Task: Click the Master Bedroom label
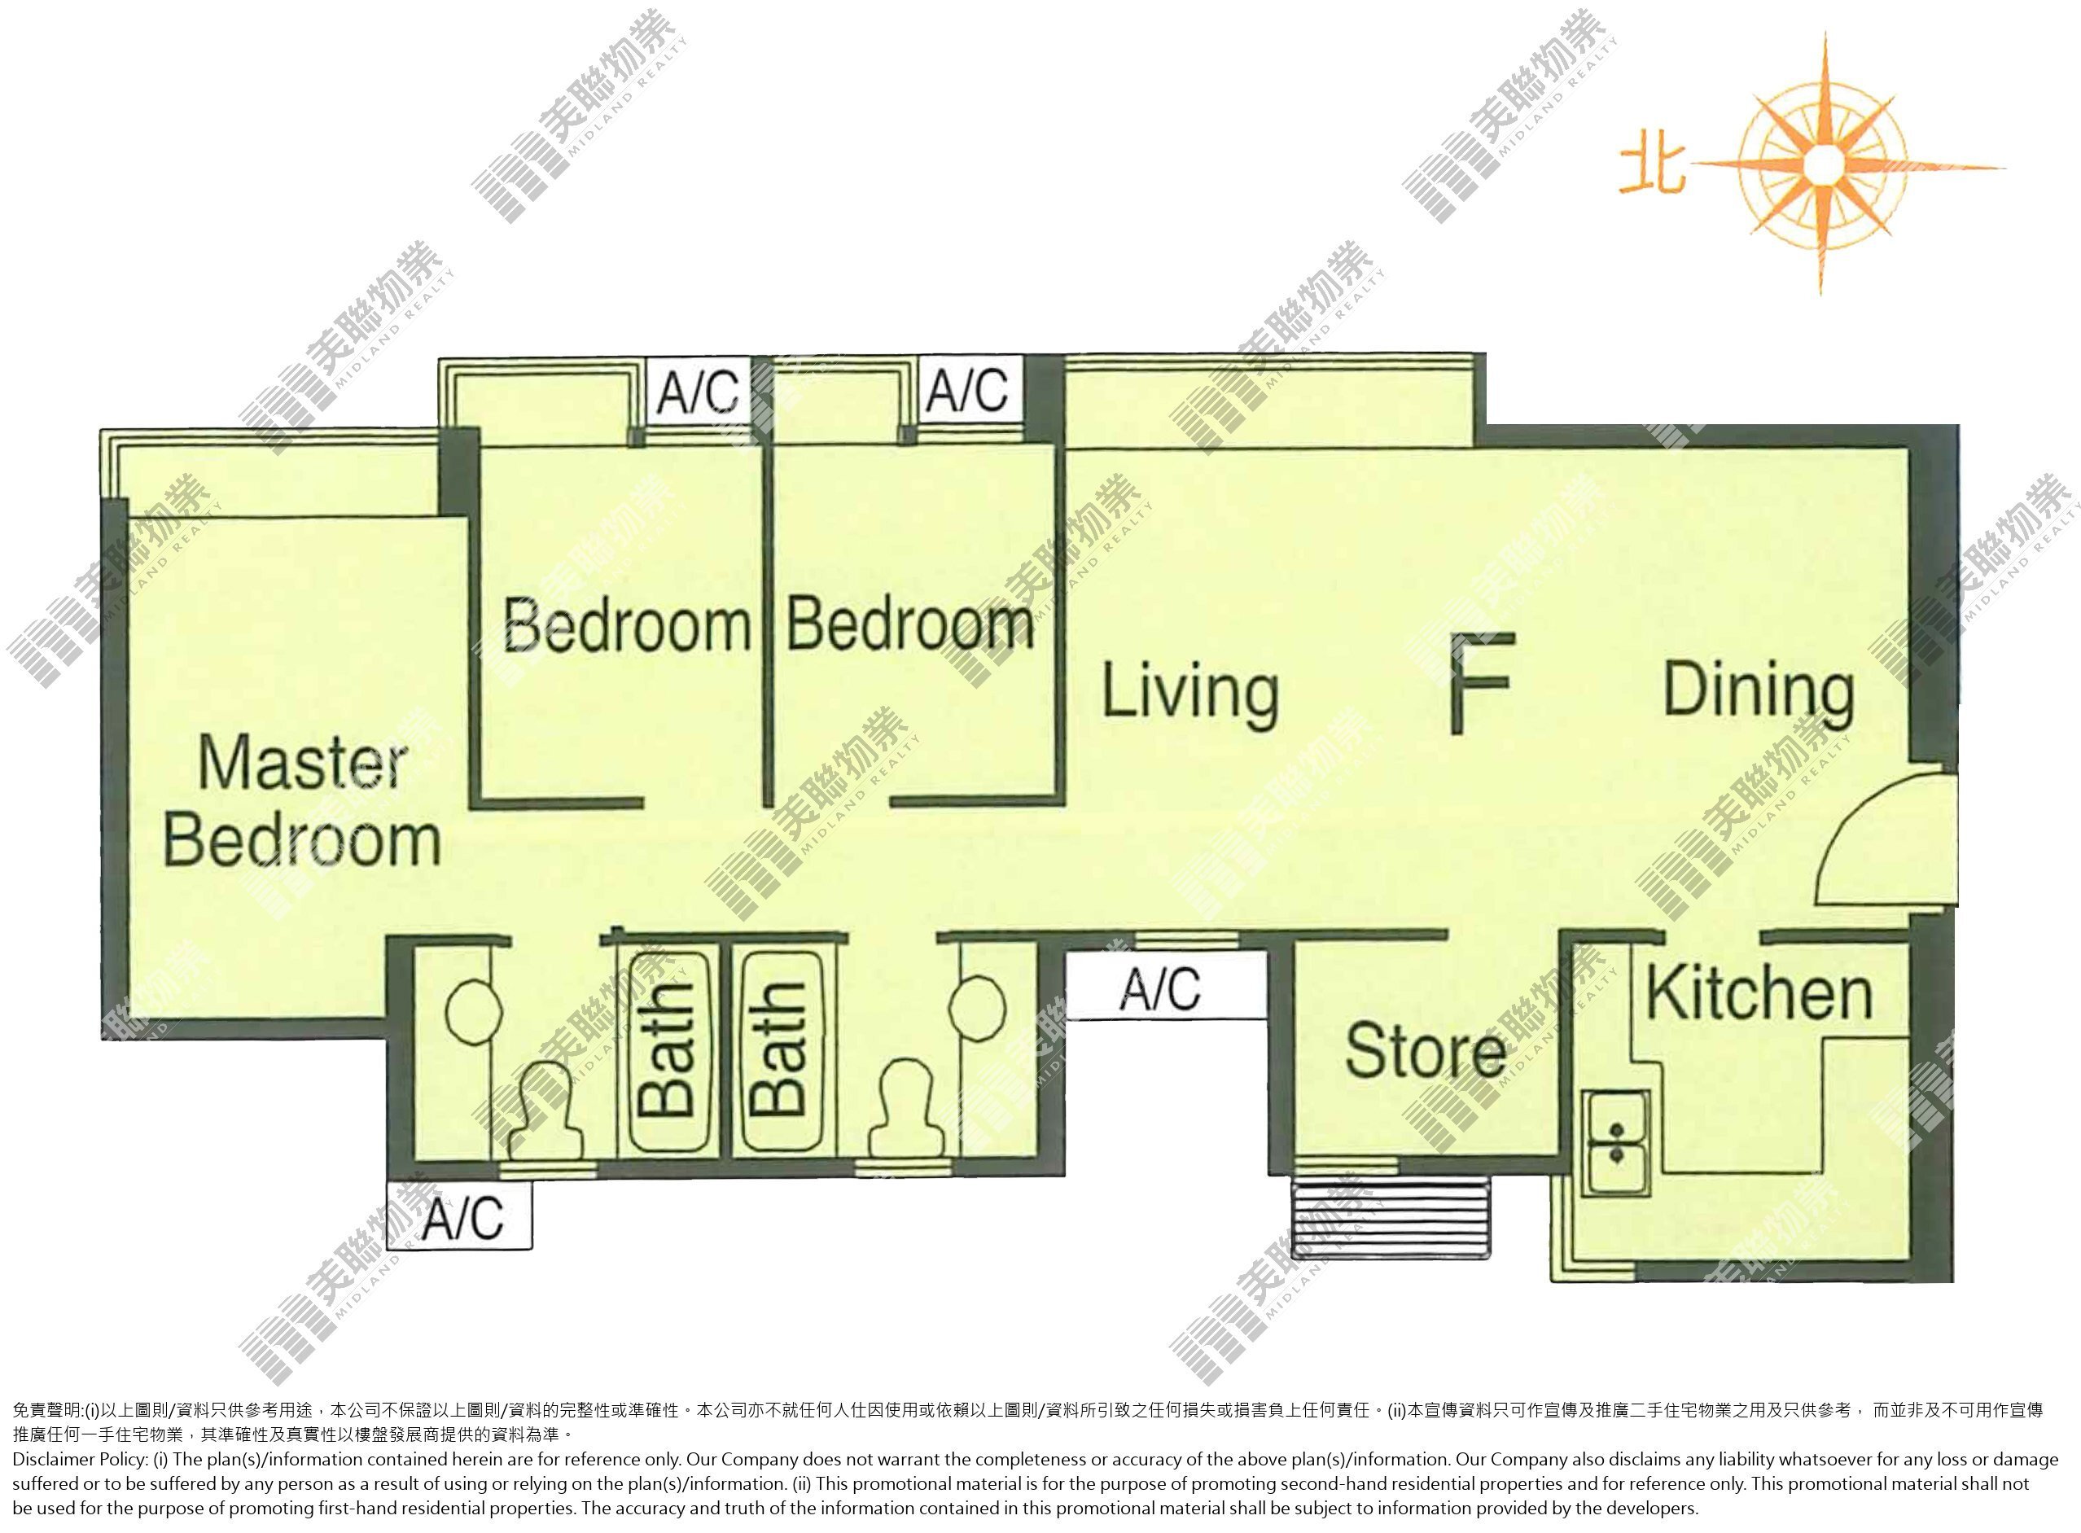click(301, 801)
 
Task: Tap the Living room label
click(1190, 692)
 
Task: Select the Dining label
click(1758, 691)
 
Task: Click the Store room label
click(1425, 1051)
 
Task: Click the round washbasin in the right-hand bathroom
click(978, 1005)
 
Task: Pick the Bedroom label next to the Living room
click(909, 624)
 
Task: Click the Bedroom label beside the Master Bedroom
click(626, 624)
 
